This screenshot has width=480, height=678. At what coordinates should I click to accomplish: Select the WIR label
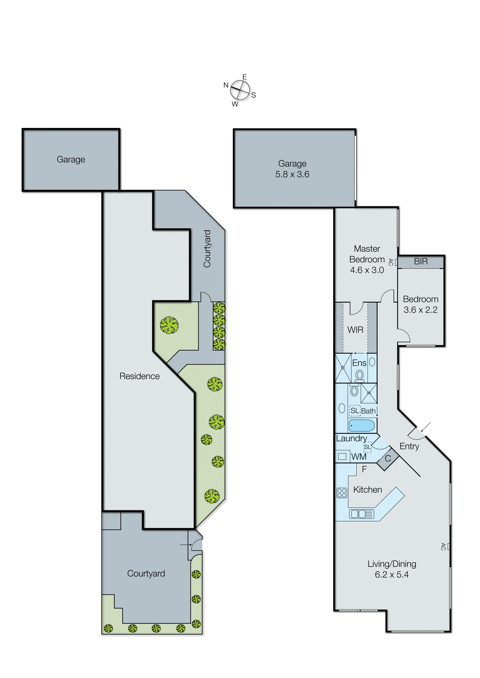(355, 330)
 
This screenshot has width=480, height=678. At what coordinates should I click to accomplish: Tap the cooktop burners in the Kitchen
(342, 493)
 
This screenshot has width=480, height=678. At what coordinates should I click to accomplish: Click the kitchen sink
(362, 514)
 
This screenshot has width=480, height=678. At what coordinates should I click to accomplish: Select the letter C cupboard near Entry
(388, 459)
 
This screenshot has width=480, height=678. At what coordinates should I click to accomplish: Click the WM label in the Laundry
(359, 457)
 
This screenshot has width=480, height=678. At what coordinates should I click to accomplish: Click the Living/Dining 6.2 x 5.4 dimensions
(392, 575)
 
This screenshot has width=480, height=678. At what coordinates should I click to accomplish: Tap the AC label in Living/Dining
(443, 546)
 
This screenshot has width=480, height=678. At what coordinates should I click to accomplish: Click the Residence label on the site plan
(139, 376)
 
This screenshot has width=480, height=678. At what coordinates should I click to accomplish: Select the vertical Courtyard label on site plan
(207, 249)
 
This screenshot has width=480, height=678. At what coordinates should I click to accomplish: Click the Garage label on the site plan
(71, 159)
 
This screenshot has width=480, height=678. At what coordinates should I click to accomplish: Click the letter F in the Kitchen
(364, 469)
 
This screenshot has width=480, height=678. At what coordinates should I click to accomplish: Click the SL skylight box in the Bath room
(355, 410)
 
